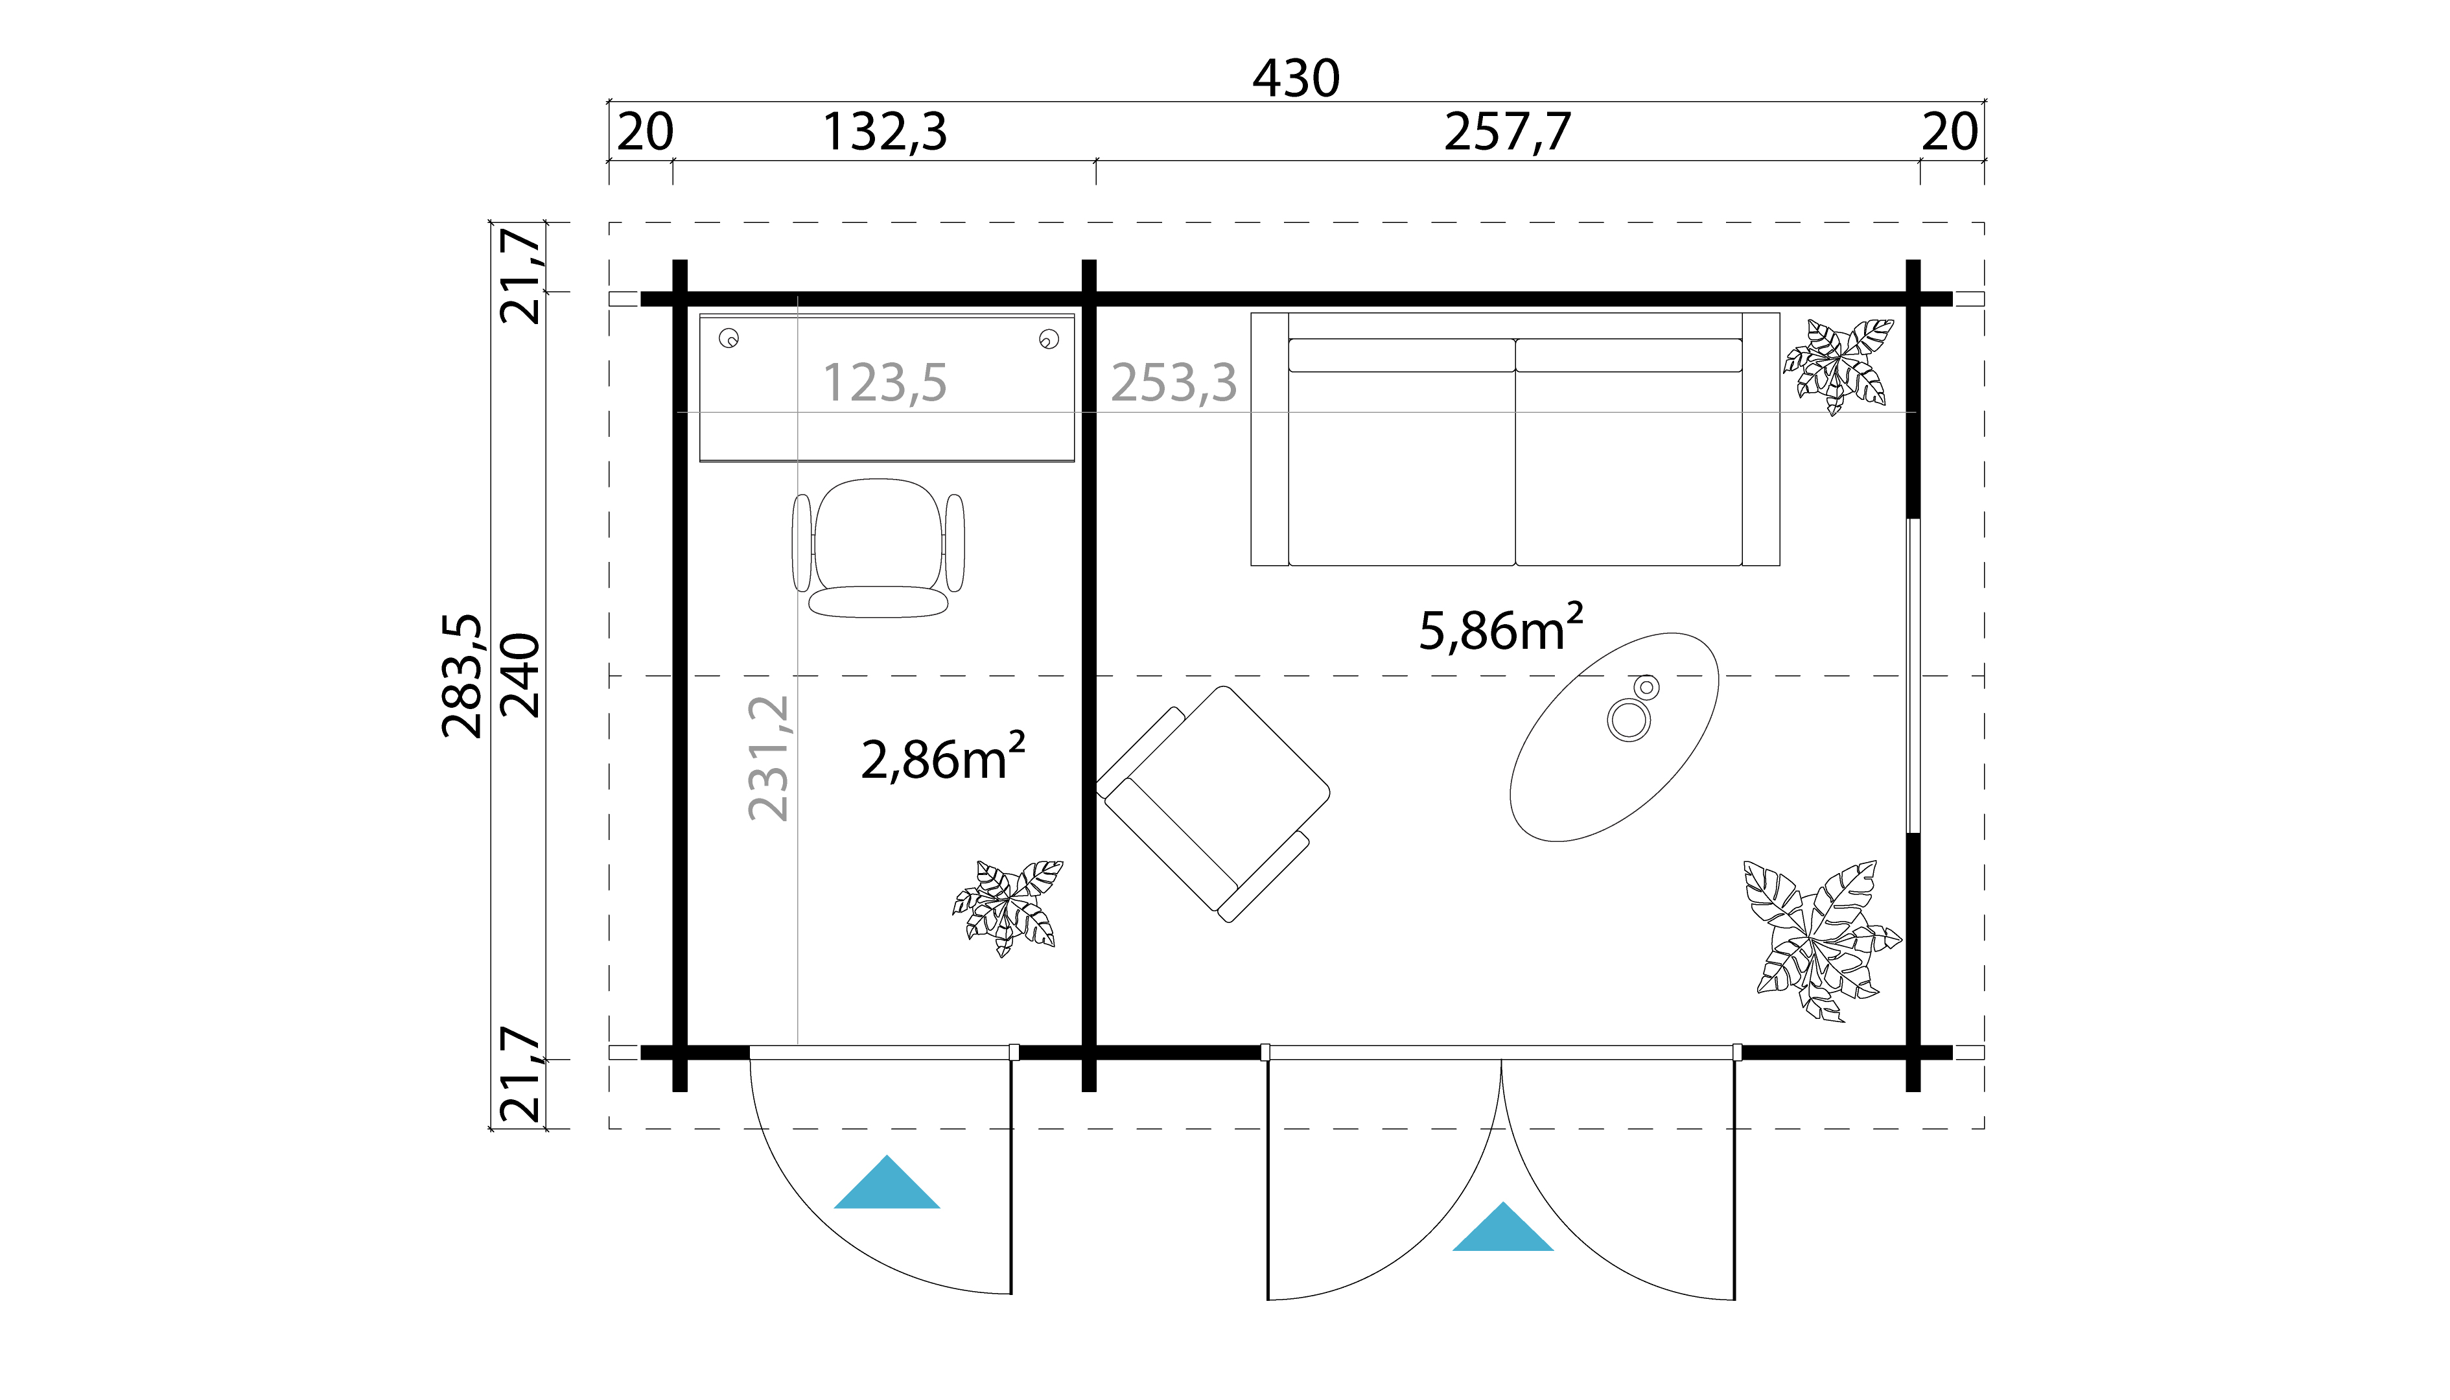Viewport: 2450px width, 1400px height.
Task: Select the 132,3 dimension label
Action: click(885, 133)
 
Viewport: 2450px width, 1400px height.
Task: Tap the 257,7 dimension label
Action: click(1507, 133)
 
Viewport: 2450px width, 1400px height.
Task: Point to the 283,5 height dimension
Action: click(461, 676)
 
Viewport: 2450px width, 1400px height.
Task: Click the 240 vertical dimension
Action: click(521, 676)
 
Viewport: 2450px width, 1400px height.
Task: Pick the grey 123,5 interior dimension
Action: click(885, 382)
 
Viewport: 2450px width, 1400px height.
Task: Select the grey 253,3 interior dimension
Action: click(1173, 382)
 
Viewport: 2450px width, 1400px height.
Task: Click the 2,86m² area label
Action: click(942, 758)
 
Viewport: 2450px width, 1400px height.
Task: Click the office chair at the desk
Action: click(878, 548)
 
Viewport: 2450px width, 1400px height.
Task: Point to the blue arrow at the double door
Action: click(1502, 1230)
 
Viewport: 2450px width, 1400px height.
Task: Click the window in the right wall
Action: click(1913, 676)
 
